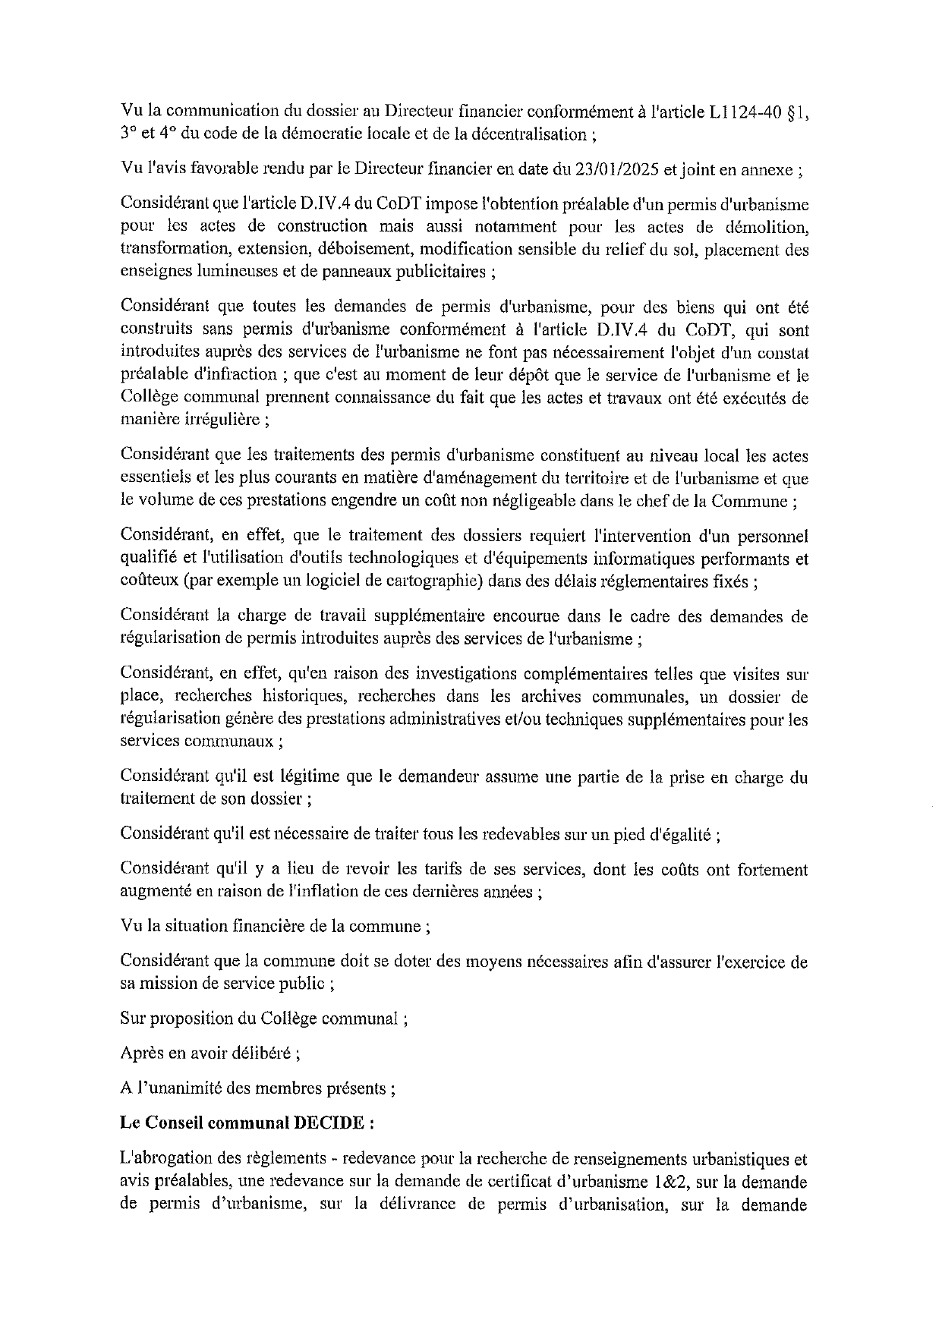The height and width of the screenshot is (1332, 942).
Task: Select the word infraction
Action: [x=236, y=374]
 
